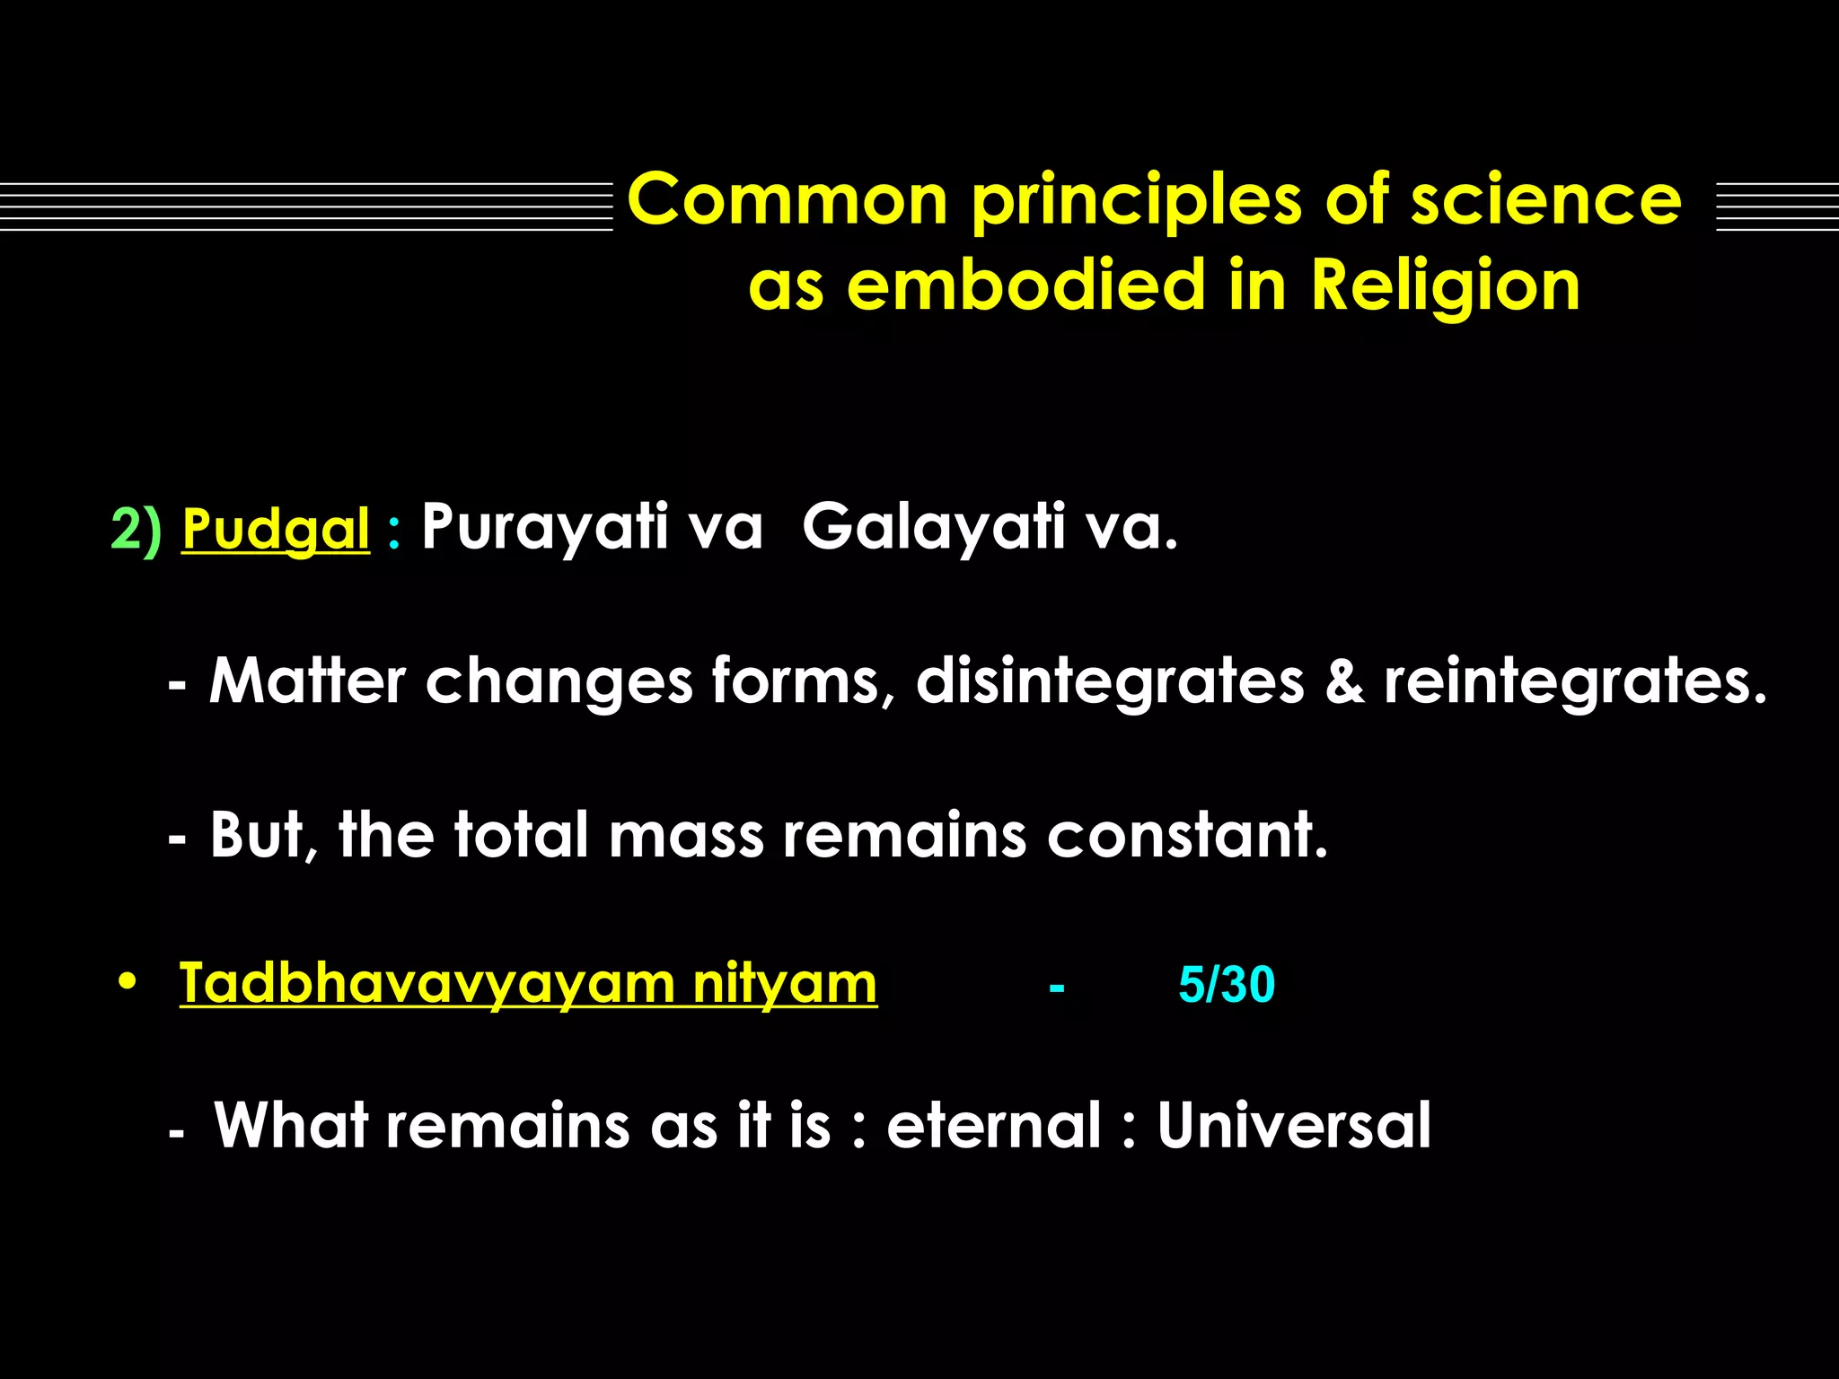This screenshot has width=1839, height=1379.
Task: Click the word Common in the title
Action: point(788,199)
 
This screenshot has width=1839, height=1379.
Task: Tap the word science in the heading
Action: point(1545,199)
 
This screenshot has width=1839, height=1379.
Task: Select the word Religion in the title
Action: point(1445,285)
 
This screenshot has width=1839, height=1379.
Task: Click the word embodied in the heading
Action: point(1025,285)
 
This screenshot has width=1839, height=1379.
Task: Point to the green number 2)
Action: point(136,529)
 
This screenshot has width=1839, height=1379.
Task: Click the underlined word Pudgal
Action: point(276,529)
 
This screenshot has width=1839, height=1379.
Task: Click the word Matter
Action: point(307,681)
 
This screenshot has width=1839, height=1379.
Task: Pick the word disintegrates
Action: point(1110,681)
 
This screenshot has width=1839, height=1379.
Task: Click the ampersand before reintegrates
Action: point(1344,681)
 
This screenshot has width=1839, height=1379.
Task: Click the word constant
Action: point(1187,835)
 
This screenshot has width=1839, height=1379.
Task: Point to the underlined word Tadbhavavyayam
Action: point(427,983)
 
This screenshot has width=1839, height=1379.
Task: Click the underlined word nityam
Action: point(785,983)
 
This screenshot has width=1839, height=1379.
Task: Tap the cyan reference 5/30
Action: point(1226,985)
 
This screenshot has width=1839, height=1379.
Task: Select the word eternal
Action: point(993,1125)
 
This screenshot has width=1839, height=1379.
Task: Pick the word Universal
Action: point(1293,1125)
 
